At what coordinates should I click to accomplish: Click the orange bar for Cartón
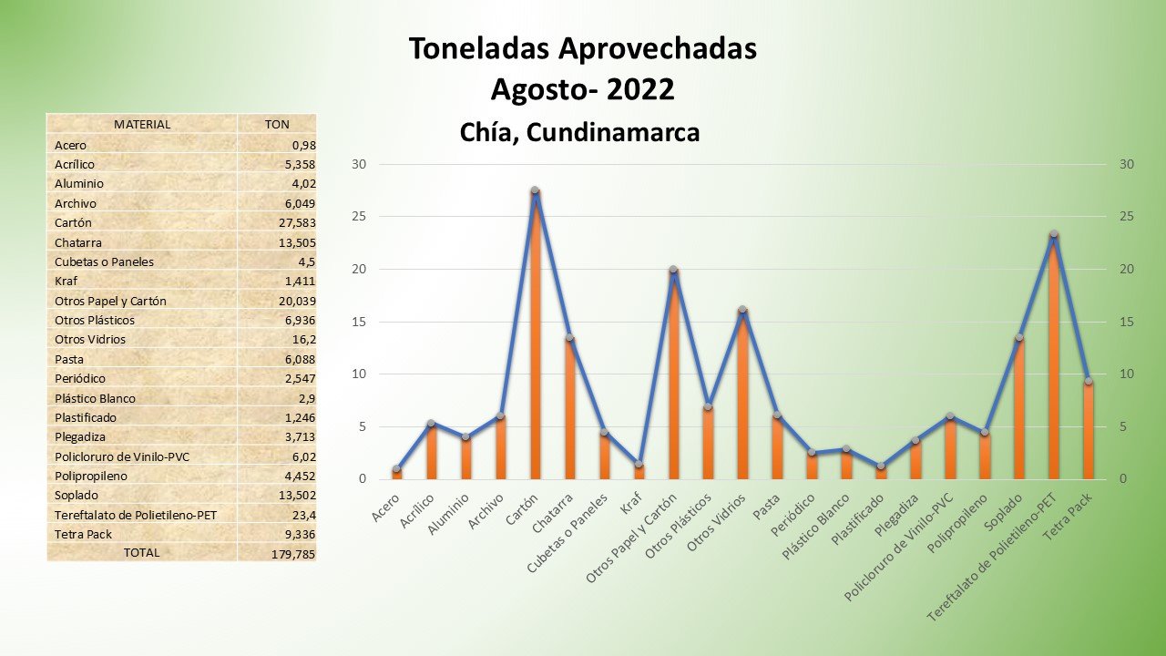coord(535,337)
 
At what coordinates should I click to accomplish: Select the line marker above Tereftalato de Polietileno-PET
coord(1053,234)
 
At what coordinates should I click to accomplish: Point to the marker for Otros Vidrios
coord(742,310)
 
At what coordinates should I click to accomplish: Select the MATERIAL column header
coord(142,125)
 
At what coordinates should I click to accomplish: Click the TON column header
coord(277,125)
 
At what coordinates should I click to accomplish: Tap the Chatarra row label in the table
coord(77,242)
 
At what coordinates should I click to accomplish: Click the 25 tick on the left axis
coord(359,217)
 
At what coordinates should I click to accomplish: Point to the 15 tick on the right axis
coord(1127,322)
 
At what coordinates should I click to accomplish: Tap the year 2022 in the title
coord(640,90)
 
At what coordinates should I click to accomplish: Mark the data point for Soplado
coord(1018,337)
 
